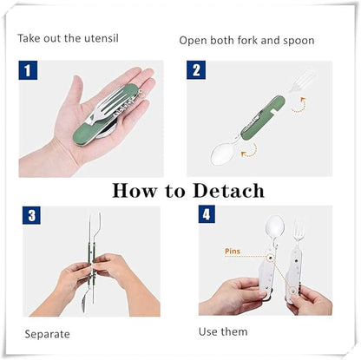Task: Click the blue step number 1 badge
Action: pyautogui.click(x=28, y=70)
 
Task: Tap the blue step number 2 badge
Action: pyautogui.click(x=196, y=70)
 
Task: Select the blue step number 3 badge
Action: pyautogui.click(x=31, y=215)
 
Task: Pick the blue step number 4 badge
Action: pyautogui.click(x=207, y=214)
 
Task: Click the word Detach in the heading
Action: pyautogui.click(x=228, y=191)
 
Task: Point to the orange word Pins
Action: pyautogui.click(x=233, y=251)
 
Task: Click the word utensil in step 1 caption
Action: pyautogui.click(x=102, y=38)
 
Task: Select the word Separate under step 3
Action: pyautogui.click(x=47, y=334)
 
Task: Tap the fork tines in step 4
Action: pyautogui.click(x=299, y=231)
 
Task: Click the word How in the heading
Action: pyautogui.click(x=135, y=191)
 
